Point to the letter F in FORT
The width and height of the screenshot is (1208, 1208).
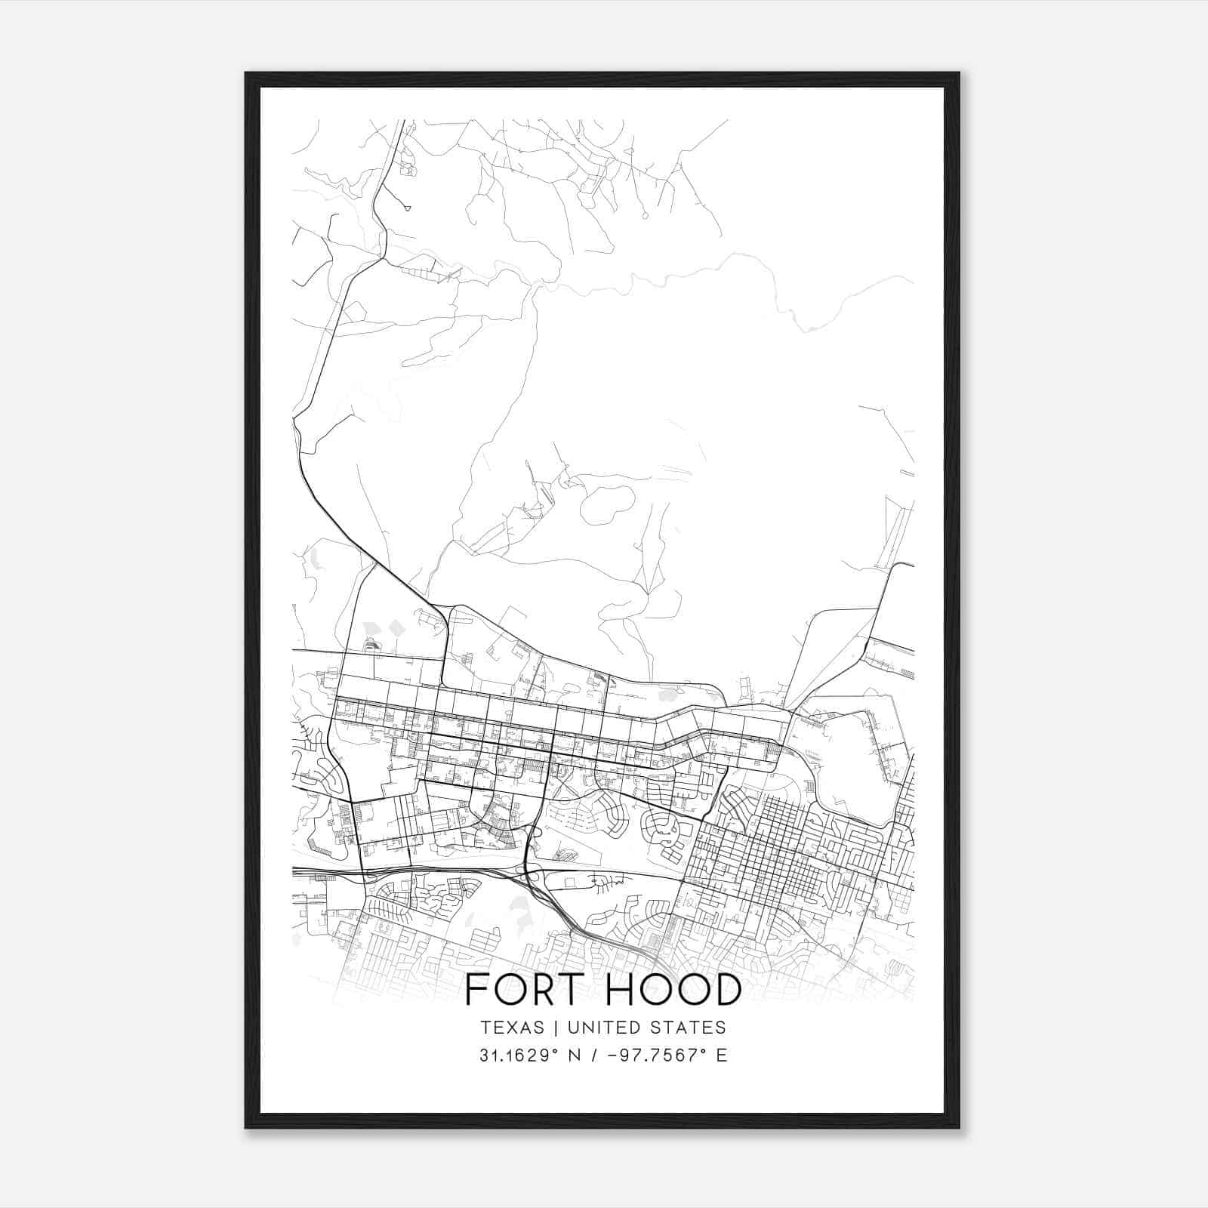pyautogui.click(x=475, y=990)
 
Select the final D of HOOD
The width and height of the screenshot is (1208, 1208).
pyautogui.click(x=726, y=990)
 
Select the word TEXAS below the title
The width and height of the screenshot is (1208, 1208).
pyautogui.click(x=510, y=1028)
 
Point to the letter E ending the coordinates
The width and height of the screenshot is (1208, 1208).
pyautogui.click(x=722, y=1055)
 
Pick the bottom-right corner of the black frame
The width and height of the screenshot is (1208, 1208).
pyautogui.click(x=959, y=1127)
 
